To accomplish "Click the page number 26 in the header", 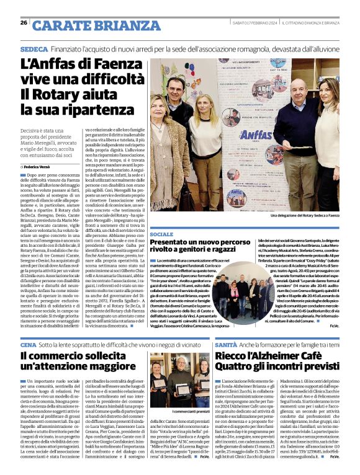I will (24, 23).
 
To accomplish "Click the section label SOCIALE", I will (162, 234).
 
